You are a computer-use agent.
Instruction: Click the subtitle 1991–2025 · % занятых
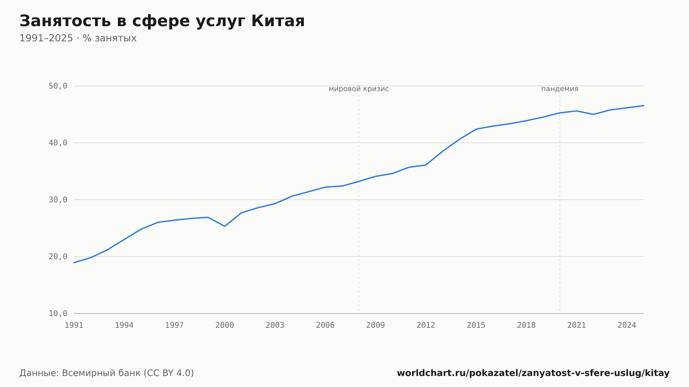pyautogui.click(x=78, y=38)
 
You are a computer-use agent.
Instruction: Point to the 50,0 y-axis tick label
pyautogui.click(x=58, y=86)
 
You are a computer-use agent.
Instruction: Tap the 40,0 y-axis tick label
pyautogui.click(x=58, y=143)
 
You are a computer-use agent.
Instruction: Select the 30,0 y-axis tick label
pyautogui.click(x=58, y=200)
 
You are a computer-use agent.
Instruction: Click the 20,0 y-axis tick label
pyautogui.click(x=58, y=257)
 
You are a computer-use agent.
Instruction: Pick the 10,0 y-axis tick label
pyautogui.click(x=58, y=313)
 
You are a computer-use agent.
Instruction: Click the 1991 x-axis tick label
pyautogui.click(x=74, y=325)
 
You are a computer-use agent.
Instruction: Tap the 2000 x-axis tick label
pyautogui.click(x=225, y=325)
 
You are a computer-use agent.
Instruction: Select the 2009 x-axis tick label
pyautogui.click(x=376, y=325)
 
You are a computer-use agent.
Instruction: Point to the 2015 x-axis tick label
pyautogui.click(x=476, y=325)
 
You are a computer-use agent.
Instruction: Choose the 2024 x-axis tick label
pyautogui.click(x=627, y=325)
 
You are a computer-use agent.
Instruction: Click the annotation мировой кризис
pyautogui.click(x=359, y=89)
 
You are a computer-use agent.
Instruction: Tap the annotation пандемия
pyautogui.click(x=560, y=89)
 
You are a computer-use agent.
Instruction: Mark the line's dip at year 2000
pyautogui.click(x=225, y=226)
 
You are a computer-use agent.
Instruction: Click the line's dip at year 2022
pyautogui.click(x=593, y=114)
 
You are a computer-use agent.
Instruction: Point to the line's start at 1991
pyautogui.click(x=74, y=263)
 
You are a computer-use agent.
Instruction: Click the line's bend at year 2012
pyautogui.click(x=426, y=165)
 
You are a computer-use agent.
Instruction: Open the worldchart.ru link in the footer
pyautogui.click(x=533, y=373)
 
